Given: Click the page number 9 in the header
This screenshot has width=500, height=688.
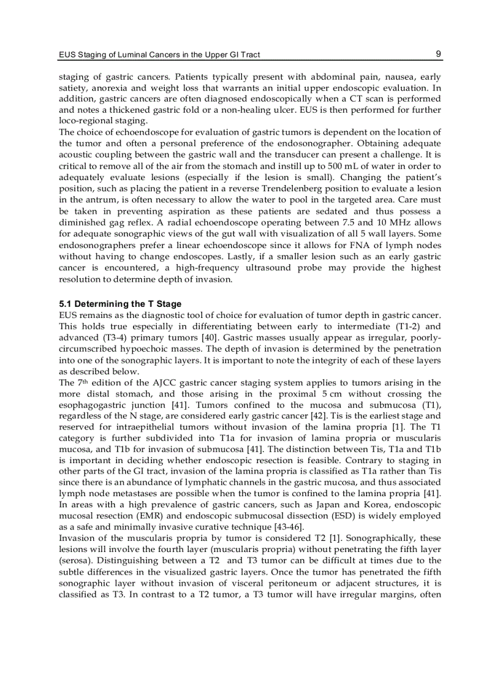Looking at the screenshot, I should (438, 54).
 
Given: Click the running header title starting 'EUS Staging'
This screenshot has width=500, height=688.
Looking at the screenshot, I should (159, 55).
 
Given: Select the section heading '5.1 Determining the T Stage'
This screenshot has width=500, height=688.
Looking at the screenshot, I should (120, 304).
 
